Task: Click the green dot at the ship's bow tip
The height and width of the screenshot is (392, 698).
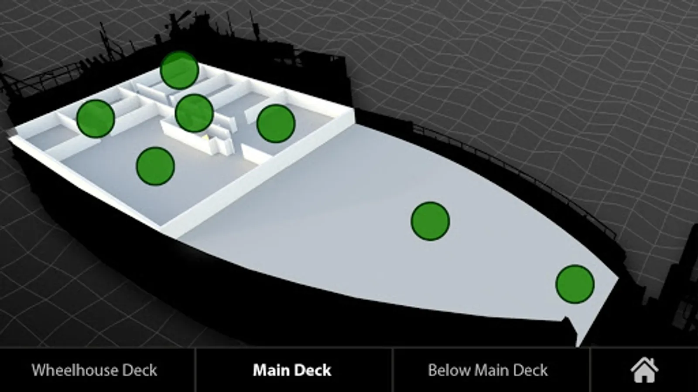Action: click(x=575, y=284)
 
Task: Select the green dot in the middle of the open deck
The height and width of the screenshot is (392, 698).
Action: click(x=430, y=221)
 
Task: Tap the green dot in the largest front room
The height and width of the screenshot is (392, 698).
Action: click(x=155, y=166)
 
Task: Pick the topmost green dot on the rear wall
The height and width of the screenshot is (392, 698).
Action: click(x=179, y=70)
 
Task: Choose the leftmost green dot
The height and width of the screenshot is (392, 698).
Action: click(x=96, y=118)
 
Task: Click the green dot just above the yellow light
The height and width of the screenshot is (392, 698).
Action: click(x=194, y=113)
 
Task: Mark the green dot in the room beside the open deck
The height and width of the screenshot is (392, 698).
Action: click(x=276, y=124)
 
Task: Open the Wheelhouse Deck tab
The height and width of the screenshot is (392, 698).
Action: click(x=94, y=370)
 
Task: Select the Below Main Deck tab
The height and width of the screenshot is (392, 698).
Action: click(x=488, y=370)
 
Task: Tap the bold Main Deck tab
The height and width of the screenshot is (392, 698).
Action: click(x=292, y=370)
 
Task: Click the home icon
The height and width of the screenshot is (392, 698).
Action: click(x=644, y=370)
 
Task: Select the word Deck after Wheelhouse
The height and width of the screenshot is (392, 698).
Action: click(x=139, y=370)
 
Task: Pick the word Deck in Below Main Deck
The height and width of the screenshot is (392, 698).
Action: click(x=530, y=370)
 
